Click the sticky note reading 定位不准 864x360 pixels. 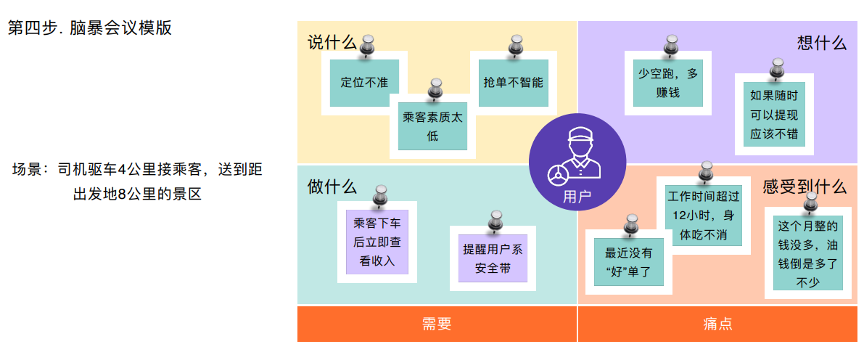pyautogui.click(x=364, y=82)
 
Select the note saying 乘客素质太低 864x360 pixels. pyautogui.click(x=432, y=127)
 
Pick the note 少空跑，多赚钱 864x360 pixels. pyautogui.click(x=668, y=83)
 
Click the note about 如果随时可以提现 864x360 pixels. pyautogui.click(x=773, y=115)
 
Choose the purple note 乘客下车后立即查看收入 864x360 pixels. pyautogui.click(x=377, y=242)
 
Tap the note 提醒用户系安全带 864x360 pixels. pyautogui.click(x=493, y=258)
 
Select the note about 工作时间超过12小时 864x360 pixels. pyautogui.click(x=704, y=216)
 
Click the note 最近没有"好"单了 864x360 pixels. pyautogui.click(x=628, y=263)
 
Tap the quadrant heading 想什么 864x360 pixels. pyautogui.click(x=821, y=42)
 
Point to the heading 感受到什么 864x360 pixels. pyautogui.click(x=804, y=187)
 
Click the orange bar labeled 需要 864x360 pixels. pyautogui.click(x=437, y=324)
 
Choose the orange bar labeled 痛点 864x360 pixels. pyautogui.click(x=717, y=324)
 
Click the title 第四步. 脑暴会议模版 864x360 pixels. pyautogui.click(x=90, y=28)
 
